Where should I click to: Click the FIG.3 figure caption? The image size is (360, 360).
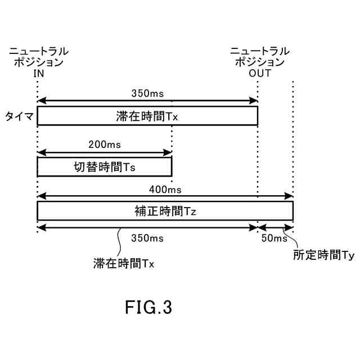point(148,307)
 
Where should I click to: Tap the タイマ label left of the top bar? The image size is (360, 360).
point(20,116)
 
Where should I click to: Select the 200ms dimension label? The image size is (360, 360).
point(105,145)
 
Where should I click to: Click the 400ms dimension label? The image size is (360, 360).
point(165,189)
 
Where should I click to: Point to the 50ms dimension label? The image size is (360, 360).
point(274,238)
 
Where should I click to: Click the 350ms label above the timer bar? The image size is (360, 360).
point(147,93)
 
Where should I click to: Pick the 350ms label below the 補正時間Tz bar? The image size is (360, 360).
point(147,238)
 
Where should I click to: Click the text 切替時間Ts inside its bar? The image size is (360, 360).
point(105,167)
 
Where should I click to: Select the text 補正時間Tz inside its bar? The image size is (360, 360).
point(165,211)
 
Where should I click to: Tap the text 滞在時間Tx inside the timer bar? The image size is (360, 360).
point(147,116)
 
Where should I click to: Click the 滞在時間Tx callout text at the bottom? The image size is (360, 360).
point(124,263)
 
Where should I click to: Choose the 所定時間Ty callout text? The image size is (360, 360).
point(323,255)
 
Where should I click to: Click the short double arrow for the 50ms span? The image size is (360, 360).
point(276,228)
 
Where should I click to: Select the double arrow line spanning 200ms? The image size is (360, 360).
point(105,152)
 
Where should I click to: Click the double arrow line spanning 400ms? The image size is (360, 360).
point(165,196)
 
